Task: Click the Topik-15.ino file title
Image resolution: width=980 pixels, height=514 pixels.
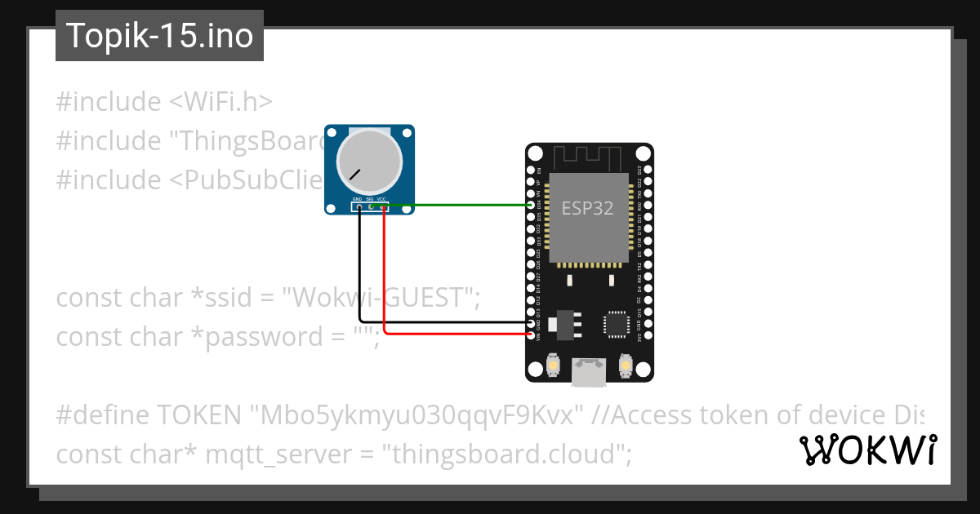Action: click(x=159, y=36)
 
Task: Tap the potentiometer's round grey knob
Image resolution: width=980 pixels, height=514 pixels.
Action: click(x=369, y=159)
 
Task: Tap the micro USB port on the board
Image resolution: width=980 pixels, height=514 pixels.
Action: click(x=589, y=373)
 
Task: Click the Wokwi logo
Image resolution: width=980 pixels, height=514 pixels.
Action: click(x=867, y=450)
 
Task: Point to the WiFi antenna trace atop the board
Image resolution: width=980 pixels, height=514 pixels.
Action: click(x=588, y=156)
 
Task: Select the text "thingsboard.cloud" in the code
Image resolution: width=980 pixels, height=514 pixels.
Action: click(x=503, y=454)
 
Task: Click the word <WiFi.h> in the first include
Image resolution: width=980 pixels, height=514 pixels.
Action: click(x=220, y=102)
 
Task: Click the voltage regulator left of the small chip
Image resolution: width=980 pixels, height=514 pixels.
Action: click(x=564, y=323)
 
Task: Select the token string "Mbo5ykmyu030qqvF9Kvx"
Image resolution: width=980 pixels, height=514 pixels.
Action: click(x=416, y=415)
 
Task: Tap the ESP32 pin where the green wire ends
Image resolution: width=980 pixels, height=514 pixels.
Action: click(x=533, y=206)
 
